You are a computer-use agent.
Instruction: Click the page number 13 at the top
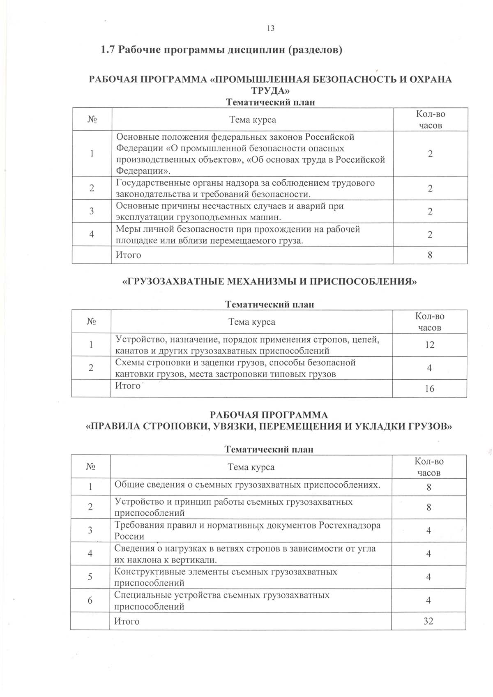[270, 28]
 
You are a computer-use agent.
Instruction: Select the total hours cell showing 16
[429, 388]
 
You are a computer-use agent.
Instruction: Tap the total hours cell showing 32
[428, 621]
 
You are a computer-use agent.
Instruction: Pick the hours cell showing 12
[430, 345]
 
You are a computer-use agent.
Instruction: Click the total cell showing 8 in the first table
[430, 255]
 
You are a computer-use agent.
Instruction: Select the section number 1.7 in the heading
[109, 51]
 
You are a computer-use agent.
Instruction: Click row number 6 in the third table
[90, 600]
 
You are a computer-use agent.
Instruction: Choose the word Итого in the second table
[128, 385]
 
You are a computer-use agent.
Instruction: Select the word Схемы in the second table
[128, 362]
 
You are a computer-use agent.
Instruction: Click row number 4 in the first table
[92, 234]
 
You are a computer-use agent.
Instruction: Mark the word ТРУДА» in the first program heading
[270, 90]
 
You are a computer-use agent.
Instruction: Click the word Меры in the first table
[128, 229]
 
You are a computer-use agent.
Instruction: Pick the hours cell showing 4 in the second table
[429, 368]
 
